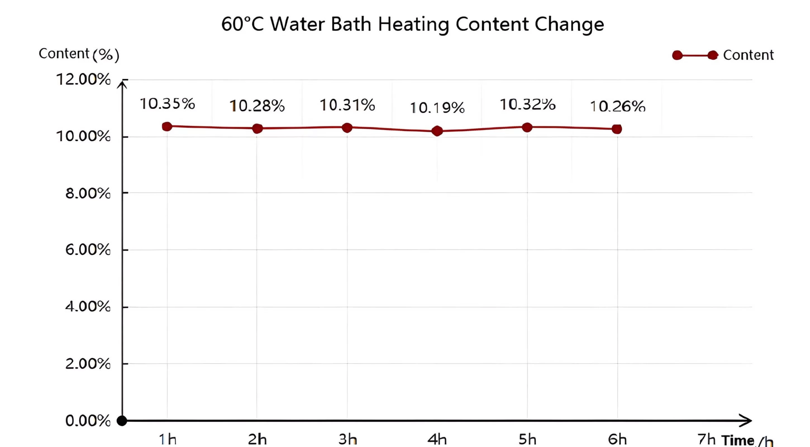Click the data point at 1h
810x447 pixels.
pyautogui.click(x=167, y=127)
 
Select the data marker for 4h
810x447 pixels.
pyautogui.click(x=437, y=131)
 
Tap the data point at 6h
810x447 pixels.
pyautogui.click(x=617, y=129)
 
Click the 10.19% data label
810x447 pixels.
pyautogui.click(x=437, y=108)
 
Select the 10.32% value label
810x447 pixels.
pyautogui.click(x=527, y=104)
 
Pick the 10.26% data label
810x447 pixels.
pyautogui.click(x=617, y=106)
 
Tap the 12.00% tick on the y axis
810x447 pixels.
pyautogui.click(x=83, y=79)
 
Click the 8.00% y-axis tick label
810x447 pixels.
pyautogui.click(x=88, y=193)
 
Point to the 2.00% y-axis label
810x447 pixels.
pyautogui.click(x=88, y=364)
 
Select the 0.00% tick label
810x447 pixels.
pyautogui.click(x=88, y=420)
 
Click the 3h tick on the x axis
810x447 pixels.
pyautogui.click(x=347, y=439)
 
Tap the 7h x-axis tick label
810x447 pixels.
pyautogui.click(x=706, y=439)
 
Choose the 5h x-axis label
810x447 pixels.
pyautogui.click(x=527, y=439)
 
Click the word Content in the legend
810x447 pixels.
pyautogui.click(x=748, y=55)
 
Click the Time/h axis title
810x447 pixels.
pyautogui.click(x=747, y=440)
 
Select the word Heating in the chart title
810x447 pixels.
pyautogui.click(x=413, y=24)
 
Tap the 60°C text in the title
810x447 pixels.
pyautogui.click(x=242, y=24)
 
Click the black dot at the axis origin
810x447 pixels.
pyautogui.click(x=122, y=420)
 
